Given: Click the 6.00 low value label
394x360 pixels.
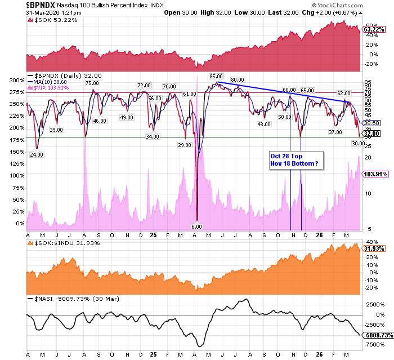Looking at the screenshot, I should pos(196,226).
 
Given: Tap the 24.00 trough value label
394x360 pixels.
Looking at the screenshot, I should pos(37,154).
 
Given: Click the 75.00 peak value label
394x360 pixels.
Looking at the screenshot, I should pos(92,83).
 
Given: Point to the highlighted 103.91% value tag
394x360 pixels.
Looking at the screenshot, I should pos(375,175).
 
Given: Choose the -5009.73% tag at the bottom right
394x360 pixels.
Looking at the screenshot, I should pos(377,335).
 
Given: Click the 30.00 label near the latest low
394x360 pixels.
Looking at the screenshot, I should pos(358,144).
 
